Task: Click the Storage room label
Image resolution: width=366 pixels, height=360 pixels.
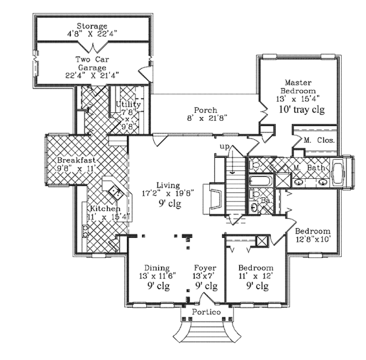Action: (92, 26)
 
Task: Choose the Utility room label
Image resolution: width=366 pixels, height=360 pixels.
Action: (129, 104)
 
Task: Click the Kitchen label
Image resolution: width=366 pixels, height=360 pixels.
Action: (99, 208)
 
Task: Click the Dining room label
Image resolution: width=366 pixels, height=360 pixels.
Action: (152, 268)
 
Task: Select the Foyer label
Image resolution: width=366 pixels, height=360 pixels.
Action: (205, 268)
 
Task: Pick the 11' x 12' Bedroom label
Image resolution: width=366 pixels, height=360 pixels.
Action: (255, 268)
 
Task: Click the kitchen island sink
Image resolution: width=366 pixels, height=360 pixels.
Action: (114, 193)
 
